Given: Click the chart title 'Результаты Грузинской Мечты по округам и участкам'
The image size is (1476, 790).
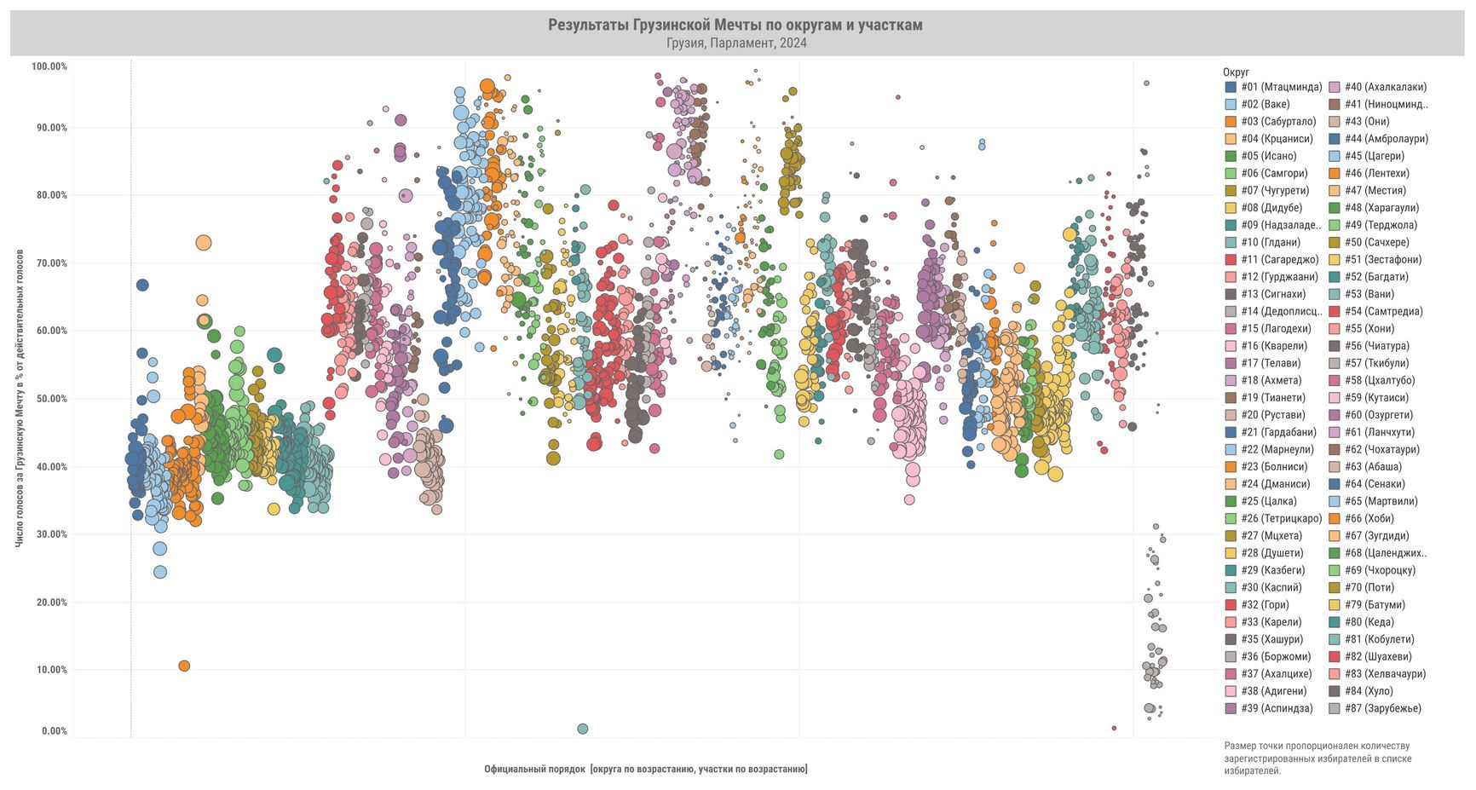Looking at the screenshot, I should coord(735,25).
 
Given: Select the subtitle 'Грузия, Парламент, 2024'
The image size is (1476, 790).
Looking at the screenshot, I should coord(736,43).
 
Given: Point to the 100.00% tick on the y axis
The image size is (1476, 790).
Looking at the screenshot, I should coord(49,66).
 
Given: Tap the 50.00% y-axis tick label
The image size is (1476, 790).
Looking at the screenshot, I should coord(49,399).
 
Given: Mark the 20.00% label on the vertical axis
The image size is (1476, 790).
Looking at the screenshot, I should coord(49,603).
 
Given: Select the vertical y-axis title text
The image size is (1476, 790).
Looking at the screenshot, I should coord(20,398).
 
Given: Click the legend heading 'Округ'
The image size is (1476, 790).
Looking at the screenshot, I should coord(1236,72).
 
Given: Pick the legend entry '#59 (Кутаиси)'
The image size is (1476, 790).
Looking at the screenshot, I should coord(1376,398).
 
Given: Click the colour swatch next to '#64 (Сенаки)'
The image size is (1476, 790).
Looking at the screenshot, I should coord(1335,484).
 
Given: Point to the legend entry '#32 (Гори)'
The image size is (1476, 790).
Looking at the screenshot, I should coord(1265,605).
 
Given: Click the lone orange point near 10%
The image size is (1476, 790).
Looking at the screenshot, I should coord(184,666).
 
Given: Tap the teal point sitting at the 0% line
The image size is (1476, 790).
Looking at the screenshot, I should coord(583,729).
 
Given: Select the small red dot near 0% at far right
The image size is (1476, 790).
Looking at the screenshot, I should coord(1114,728).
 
